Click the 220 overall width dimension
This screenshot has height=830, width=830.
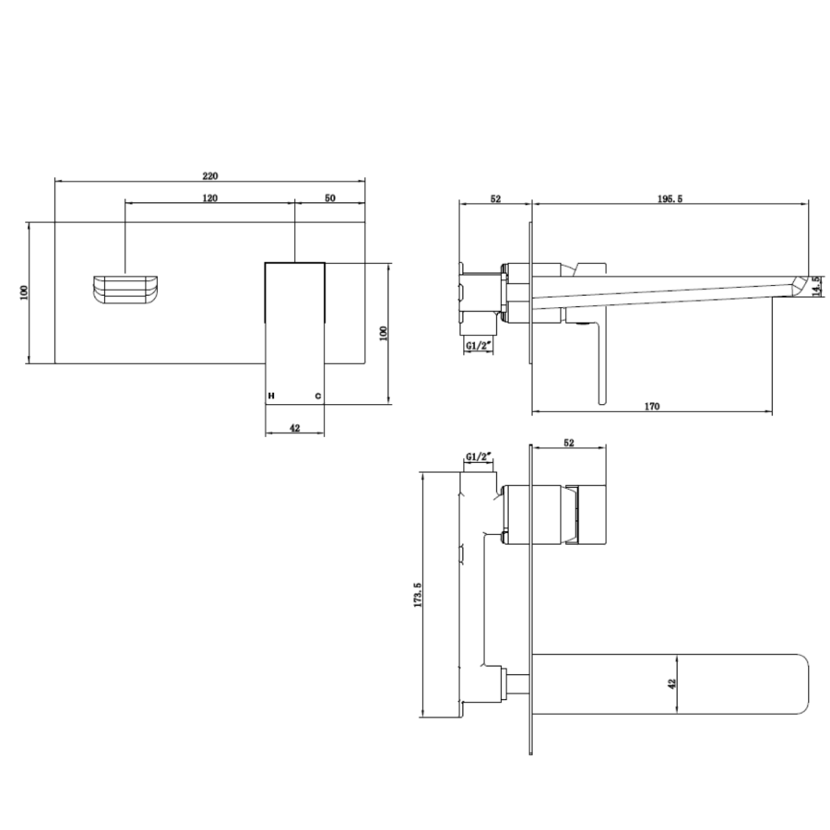(210, 175)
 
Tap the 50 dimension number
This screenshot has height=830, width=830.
(329, 198)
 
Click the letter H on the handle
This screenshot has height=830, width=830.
(271, 396)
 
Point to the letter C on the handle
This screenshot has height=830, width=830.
(317, 396)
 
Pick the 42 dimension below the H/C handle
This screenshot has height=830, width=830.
(294, 428)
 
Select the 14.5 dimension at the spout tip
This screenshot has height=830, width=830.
(818, 287)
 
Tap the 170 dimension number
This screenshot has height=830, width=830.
(651, 406)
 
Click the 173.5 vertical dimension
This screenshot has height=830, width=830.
(418, 596)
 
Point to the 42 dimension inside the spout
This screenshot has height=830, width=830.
(672, 683)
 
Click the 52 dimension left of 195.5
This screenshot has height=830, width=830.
(495, 198)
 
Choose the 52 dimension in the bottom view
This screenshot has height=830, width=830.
(569, 443)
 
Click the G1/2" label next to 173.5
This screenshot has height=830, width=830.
(479, 456)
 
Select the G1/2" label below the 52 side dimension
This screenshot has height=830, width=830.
(478, 346)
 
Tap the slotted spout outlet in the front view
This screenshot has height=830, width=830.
(127, 288)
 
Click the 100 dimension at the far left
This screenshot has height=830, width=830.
(25, 292)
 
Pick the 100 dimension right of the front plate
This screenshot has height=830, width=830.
(384, 333)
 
